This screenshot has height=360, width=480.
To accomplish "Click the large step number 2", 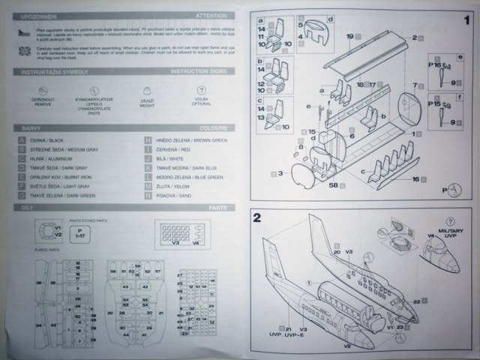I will [x=257, y=219].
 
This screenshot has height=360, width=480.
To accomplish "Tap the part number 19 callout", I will [x=349, y=36].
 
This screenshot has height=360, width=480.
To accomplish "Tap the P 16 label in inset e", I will [x=434, y=65].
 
